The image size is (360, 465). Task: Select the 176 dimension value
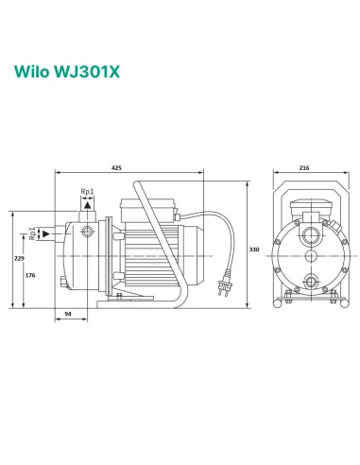(x=30, y=275)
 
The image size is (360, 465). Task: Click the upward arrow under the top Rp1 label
(x=87, y=204)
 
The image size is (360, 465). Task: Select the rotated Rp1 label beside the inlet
(x=34, y=232)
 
